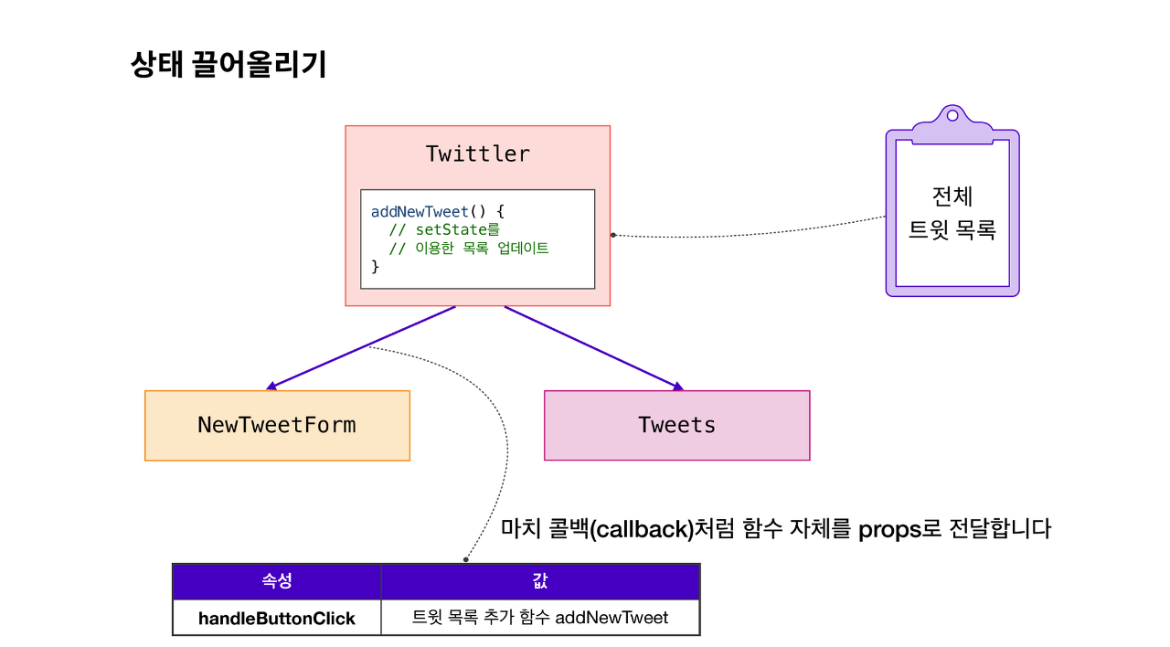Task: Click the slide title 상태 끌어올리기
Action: pos(229,66)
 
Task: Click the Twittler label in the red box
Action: pos(477,154)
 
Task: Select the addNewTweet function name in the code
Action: pos(420,212)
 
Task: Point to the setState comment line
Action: pos(444,230)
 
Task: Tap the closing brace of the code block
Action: pos(375,266)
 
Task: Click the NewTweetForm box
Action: pos(277,426)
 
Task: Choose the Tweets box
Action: pos(676,426)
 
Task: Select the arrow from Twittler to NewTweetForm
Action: pos(361,347)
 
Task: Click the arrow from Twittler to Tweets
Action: pos(594,347)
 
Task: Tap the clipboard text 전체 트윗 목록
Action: pos(952,213)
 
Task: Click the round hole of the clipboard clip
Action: pos(952,116)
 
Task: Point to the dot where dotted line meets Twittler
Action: pos(613,235)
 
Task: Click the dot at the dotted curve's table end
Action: pos(465,559)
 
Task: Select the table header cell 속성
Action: pos(276,581)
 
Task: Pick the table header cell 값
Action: pos(539,581)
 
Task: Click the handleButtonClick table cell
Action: pos(276,618)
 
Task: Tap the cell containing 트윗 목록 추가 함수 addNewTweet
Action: pos(539,618)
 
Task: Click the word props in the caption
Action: pos(890,529)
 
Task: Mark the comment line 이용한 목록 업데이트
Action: pos(468,249)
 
